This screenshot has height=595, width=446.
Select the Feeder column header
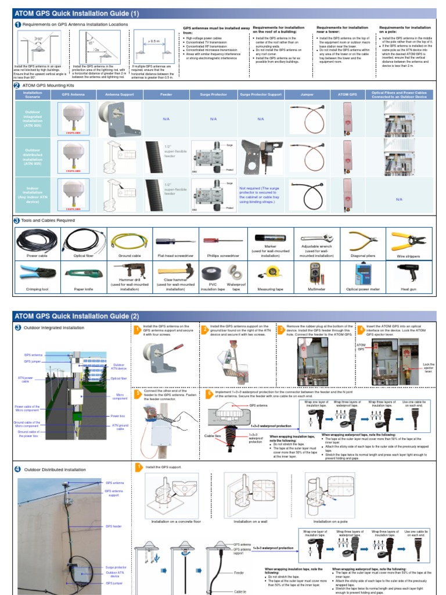pos(166,94)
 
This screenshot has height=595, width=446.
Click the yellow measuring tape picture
pos(274,271)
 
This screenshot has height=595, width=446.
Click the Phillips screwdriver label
pos(221,255)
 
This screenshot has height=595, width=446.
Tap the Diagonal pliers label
pos(362,255)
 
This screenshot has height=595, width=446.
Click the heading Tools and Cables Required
pos(49,221)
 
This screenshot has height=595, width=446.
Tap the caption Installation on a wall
pos(250,522)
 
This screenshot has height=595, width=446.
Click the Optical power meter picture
pos(362,272)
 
